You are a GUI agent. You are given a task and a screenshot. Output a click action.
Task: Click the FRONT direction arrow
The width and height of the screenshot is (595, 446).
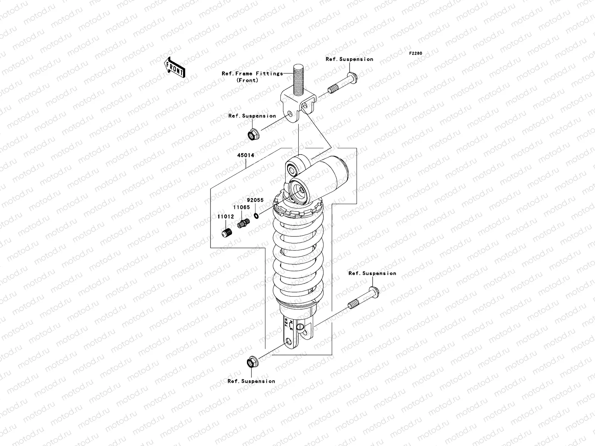point(174,67)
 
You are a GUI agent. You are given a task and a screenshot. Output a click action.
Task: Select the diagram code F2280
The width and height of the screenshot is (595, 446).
point(416,54)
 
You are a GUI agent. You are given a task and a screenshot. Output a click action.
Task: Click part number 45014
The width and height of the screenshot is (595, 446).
point(246,155)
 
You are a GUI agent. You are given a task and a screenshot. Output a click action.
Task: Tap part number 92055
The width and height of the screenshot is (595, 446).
point(255,200)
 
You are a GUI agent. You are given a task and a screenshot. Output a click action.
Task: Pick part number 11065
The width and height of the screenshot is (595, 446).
point(241,207)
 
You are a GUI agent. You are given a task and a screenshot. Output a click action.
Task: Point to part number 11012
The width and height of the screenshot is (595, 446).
point(226,216)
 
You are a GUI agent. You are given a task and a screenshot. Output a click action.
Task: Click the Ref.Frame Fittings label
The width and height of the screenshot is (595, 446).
point(252,74)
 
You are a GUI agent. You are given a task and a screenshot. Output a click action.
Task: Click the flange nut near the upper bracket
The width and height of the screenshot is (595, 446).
point(253,134)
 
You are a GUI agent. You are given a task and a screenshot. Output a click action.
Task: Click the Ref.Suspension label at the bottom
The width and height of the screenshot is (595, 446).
point(251,381)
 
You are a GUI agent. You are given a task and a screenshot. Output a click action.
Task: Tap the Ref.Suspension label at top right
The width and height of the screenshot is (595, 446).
point(349,59)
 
